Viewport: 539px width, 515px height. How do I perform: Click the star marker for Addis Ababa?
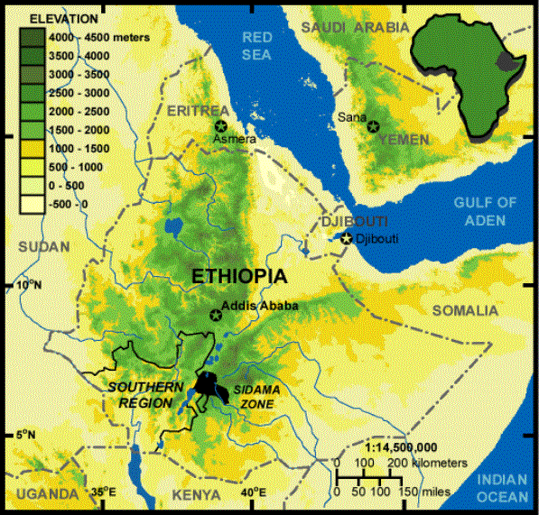coord(215,315)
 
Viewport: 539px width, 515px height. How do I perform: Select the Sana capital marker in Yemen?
coord(371,128)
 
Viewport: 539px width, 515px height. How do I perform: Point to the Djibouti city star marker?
coord(346,238)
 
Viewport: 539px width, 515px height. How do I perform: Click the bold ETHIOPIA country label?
coord(239,277)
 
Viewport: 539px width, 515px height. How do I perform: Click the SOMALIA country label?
coord(464,311)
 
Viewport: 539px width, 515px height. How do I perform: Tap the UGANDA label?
coord(41,495)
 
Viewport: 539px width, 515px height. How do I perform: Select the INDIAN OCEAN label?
coord(504,487)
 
